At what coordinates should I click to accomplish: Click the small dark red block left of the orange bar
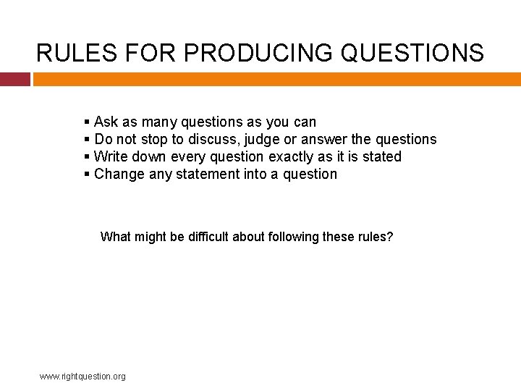14,79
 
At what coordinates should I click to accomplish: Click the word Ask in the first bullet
106,122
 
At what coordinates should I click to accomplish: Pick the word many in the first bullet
160,122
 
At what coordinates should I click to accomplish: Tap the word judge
262,139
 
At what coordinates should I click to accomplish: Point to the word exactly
292,156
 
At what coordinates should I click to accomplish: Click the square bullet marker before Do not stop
87,139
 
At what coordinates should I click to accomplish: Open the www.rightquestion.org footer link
82,376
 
